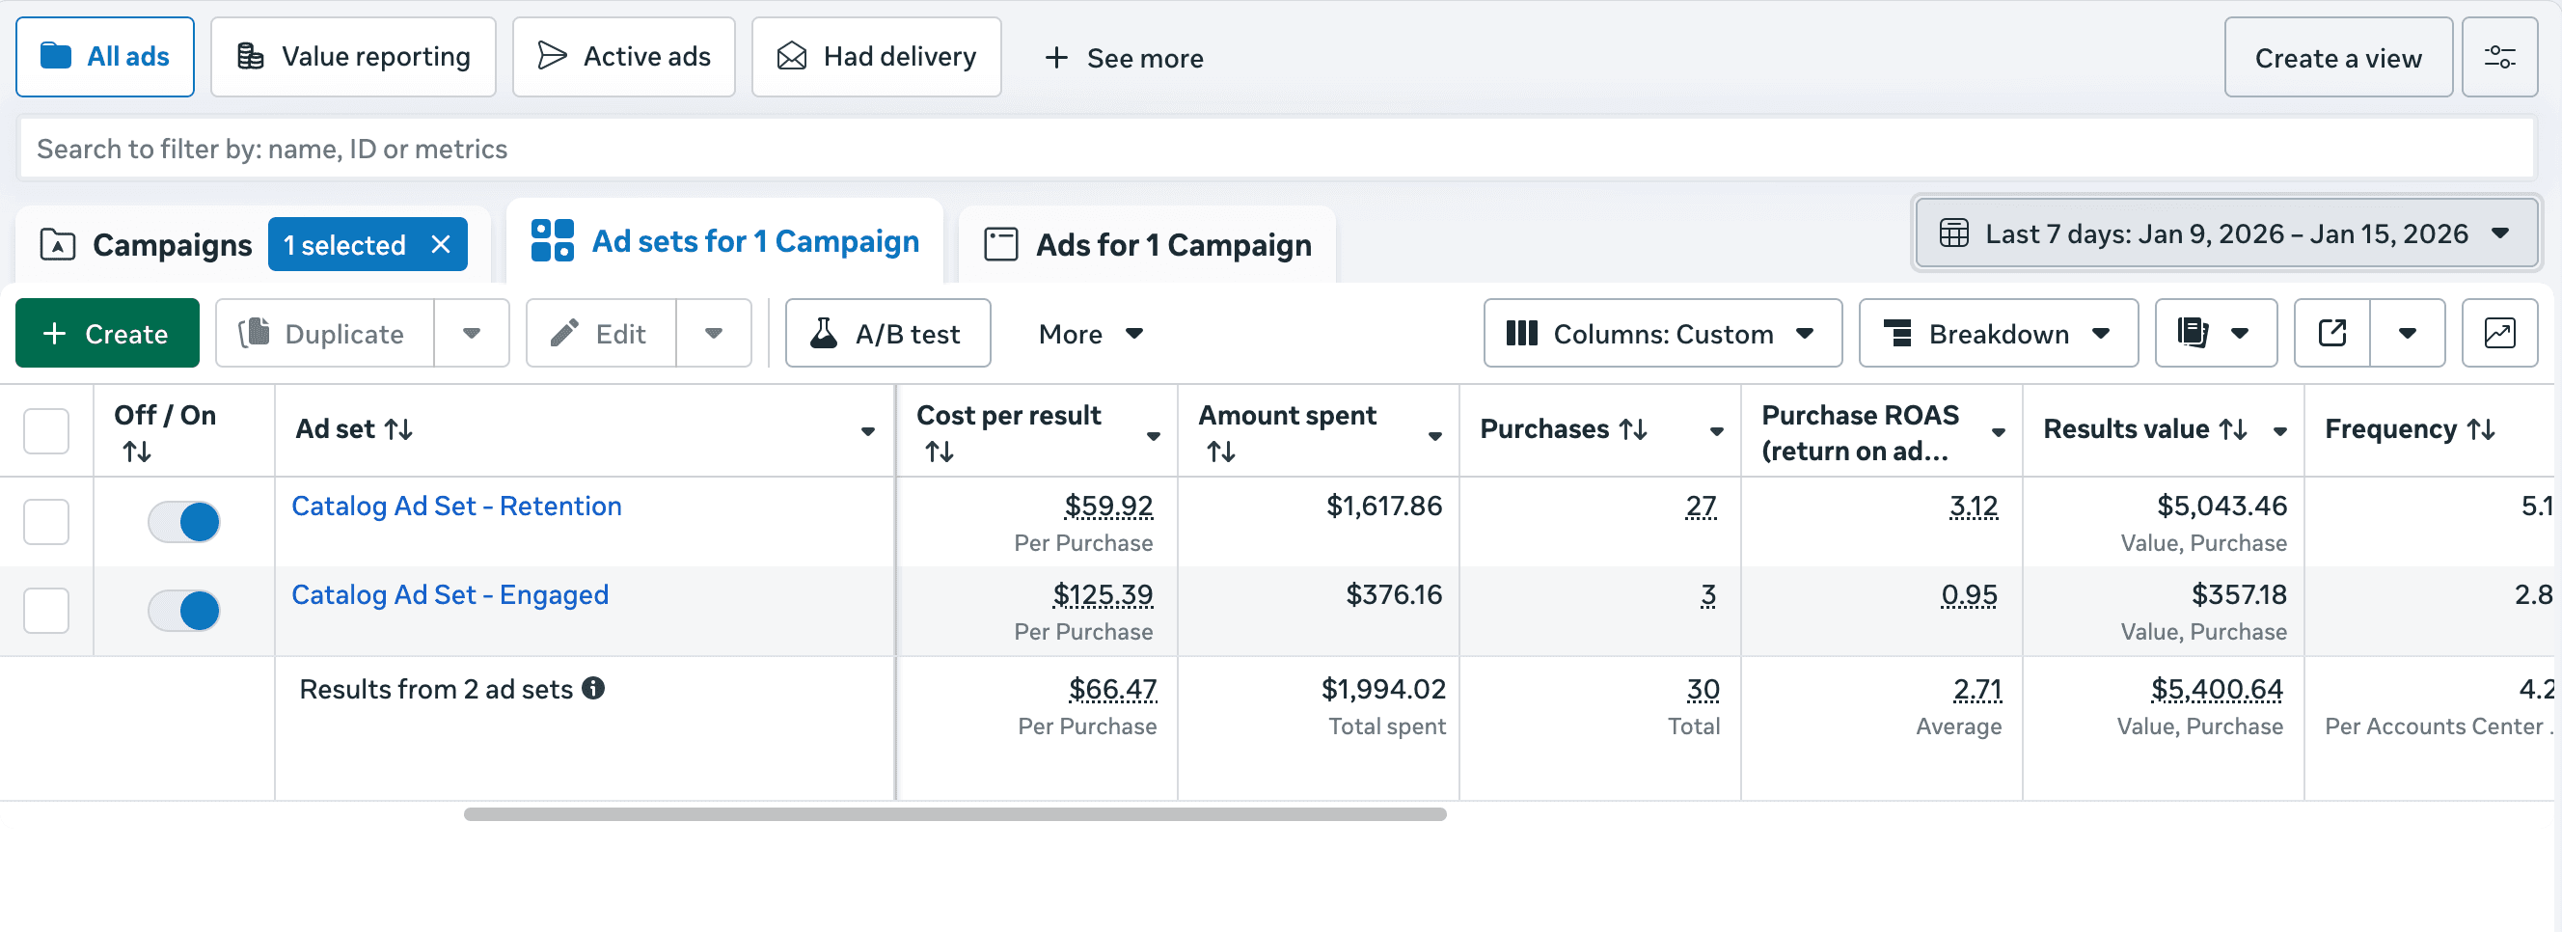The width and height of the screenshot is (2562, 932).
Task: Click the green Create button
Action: [106, 333]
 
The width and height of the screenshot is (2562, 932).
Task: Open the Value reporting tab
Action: [353, 57]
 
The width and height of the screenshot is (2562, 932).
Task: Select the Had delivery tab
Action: [875, 57]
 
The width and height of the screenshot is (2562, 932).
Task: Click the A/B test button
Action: [887, 333]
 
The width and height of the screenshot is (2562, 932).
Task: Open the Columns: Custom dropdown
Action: [1662, 333]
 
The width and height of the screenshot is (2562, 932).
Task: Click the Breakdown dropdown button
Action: [1997, 333]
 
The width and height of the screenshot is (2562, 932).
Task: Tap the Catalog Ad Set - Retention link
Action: [455, 506]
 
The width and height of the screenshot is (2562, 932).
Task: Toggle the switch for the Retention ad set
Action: [184, 521]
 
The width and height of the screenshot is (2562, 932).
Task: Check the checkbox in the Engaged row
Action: [45, 610]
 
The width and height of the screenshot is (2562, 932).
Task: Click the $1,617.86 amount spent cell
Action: [1383, 506]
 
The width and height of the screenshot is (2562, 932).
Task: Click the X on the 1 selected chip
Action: [441, 244]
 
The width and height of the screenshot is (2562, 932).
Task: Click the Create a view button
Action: [2337, 58]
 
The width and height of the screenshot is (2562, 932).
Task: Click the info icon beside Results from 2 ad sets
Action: [594, 688]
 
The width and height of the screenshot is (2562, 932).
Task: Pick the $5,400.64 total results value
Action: [2216, 688]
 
